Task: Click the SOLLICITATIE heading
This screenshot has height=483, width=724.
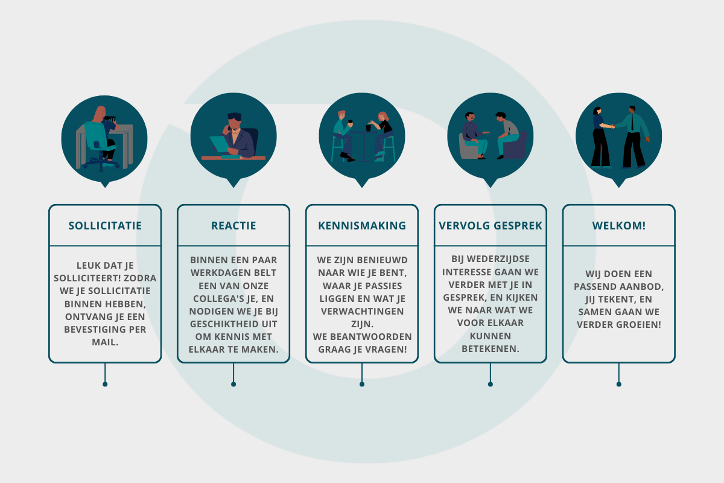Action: pos(105,226)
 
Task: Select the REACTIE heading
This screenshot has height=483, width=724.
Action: pos(233,226)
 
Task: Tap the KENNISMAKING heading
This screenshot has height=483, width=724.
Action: pos(362,226)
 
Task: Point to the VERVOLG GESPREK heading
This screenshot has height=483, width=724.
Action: pos(491,226)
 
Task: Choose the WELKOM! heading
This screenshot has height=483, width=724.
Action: pos(619,226)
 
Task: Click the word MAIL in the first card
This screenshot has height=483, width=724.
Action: pos(105,342)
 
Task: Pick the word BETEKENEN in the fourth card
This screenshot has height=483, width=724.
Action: pos(491,348)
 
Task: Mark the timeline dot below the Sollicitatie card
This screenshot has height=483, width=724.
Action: pos(105,384)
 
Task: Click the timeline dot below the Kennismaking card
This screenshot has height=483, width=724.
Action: pos(362,384)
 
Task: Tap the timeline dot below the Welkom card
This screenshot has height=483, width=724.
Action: pos(619,384)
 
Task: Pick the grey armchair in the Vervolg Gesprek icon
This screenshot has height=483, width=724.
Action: pos(467,147)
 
